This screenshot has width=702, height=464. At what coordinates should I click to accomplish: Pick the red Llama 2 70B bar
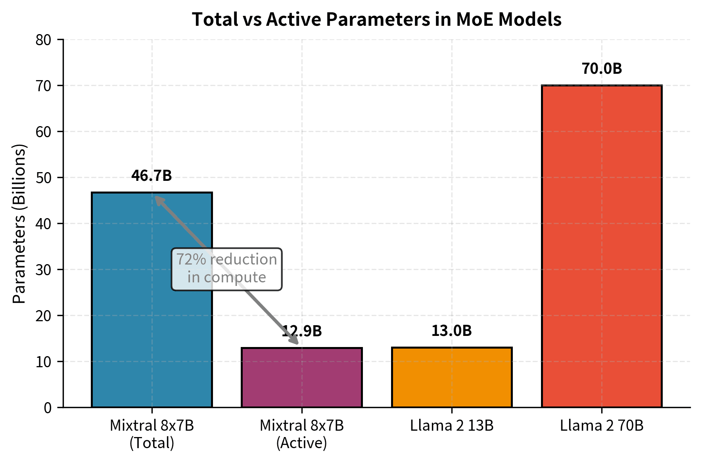click(602, 246)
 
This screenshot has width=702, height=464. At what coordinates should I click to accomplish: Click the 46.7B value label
click(152, 176)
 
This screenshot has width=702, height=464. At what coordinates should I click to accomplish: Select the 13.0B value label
click(451, 331)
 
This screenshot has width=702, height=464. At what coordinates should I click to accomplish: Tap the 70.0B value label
click(602, 69)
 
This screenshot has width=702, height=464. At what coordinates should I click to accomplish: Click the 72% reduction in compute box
click(226, 269)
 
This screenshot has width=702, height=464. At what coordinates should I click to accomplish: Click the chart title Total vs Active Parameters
click(376, 19)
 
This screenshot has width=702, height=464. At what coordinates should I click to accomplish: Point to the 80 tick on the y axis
click(44, 40)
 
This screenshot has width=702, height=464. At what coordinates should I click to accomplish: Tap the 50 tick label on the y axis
click(44, 178)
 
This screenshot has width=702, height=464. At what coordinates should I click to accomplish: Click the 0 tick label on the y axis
click(48, 408)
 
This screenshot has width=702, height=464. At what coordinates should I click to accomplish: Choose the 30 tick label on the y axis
click(44, 270)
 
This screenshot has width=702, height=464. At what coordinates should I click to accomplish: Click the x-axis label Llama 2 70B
click(602, 426)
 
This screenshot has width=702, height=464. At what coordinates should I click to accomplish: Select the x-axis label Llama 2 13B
click(452, 426)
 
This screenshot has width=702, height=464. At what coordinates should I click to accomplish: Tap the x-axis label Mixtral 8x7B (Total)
click(152, 434)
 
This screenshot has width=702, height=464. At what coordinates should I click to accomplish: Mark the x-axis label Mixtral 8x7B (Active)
click(302, 434)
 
